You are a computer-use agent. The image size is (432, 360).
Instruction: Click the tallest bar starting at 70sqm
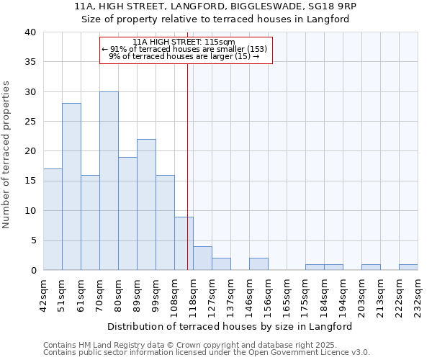109,181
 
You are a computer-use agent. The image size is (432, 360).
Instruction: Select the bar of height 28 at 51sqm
71,186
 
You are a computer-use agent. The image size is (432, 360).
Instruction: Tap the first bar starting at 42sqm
53,219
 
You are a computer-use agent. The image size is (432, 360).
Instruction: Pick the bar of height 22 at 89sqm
146,204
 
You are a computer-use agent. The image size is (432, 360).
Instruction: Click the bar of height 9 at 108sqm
184,243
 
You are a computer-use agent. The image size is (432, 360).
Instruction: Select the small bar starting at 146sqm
258,264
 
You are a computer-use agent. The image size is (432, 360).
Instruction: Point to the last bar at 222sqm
408,267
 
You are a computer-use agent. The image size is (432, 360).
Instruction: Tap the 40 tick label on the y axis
30,32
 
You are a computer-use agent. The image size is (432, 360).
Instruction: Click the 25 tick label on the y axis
30,122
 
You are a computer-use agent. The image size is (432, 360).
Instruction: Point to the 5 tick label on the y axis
32,240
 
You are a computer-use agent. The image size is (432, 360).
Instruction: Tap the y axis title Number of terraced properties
7,154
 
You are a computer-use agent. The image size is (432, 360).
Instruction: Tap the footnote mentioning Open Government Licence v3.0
207,352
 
